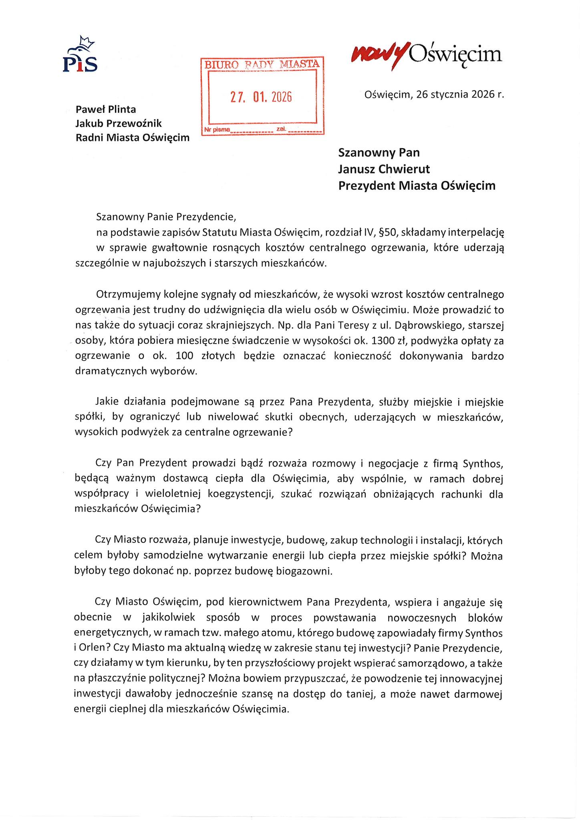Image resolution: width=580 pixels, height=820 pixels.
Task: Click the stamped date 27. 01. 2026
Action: [x=261, y=97]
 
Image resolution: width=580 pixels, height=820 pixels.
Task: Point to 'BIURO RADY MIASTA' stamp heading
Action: [x=262, y=64]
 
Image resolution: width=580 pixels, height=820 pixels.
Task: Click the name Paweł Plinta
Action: [x=106, y=109]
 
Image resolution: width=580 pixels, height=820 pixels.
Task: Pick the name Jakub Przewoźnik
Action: [x=119, y=123]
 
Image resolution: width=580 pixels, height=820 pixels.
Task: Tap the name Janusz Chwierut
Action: [x=384, y=169]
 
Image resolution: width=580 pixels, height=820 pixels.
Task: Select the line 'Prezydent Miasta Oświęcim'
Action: [x=417, y=186]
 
